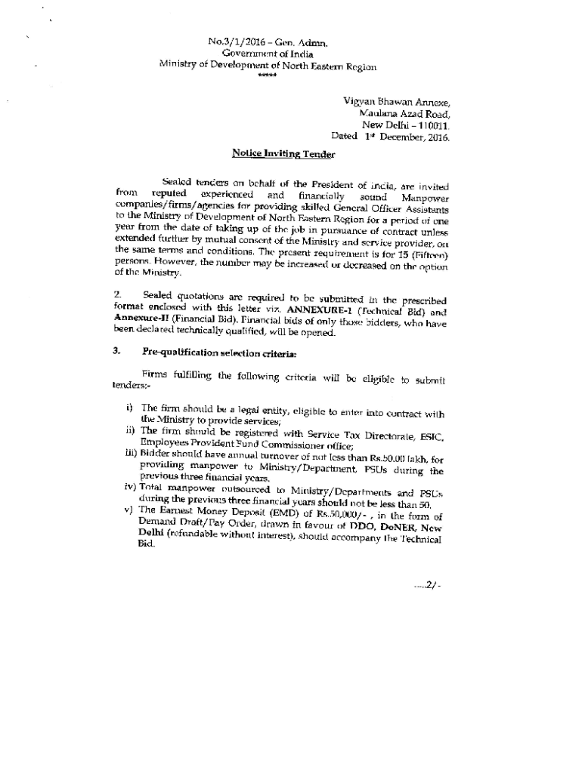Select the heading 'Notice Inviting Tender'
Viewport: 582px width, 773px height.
pyautogui.click(x=277, y=154)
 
